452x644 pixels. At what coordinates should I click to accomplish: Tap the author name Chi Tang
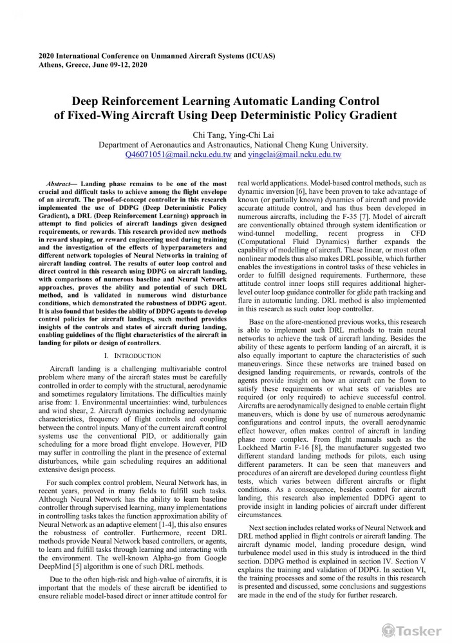click(x=207, y=135)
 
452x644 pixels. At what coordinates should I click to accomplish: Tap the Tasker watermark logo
click(x=411, y=630)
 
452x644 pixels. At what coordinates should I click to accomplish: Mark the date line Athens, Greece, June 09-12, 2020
click(x=93, y=65)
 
